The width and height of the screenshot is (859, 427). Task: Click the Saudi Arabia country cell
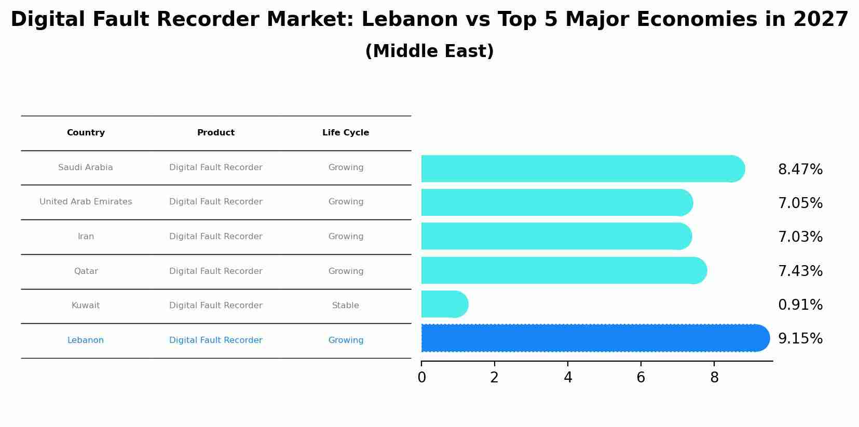[x=86, y=168]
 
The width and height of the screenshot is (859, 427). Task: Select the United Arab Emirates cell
[x=86, y=202]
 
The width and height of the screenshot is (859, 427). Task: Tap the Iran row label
[x=86, y=237]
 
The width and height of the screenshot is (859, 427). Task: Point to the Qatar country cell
[x=86, y=271]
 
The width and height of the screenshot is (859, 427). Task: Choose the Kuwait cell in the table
[x=86, y=306]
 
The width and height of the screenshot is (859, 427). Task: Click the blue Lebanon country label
[x=86, y=340]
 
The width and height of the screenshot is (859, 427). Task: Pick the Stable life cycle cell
[x=346, y=306]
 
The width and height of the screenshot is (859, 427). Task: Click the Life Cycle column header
[x=346, y=133]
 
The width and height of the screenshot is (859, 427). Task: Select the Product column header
[x=216, y=133]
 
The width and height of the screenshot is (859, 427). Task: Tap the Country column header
[x=86, y=133]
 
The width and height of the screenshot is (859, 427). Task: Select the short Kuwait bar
[x=444, y=304]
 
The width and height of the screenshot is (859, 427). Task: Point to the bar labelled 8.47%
[x=581, y=169]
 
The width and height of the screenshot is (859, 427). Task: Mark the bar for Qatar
[x=563, y=270]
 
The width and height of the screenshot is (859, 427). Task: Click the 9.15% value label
[x=800, y=339]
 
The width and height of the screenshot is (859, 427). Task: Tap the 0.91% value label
[x=800, y=305]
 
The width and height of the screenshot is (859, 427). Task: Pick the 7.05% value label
[x=800, y=203]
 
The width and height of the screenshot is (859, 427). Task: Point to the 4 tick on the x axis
[x=568, y=378]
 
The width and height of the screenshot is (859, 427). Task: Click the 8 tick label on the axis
[x=714, y=378]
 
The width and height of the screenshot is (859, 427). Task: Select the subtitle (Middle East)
[x=429, y=51]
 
